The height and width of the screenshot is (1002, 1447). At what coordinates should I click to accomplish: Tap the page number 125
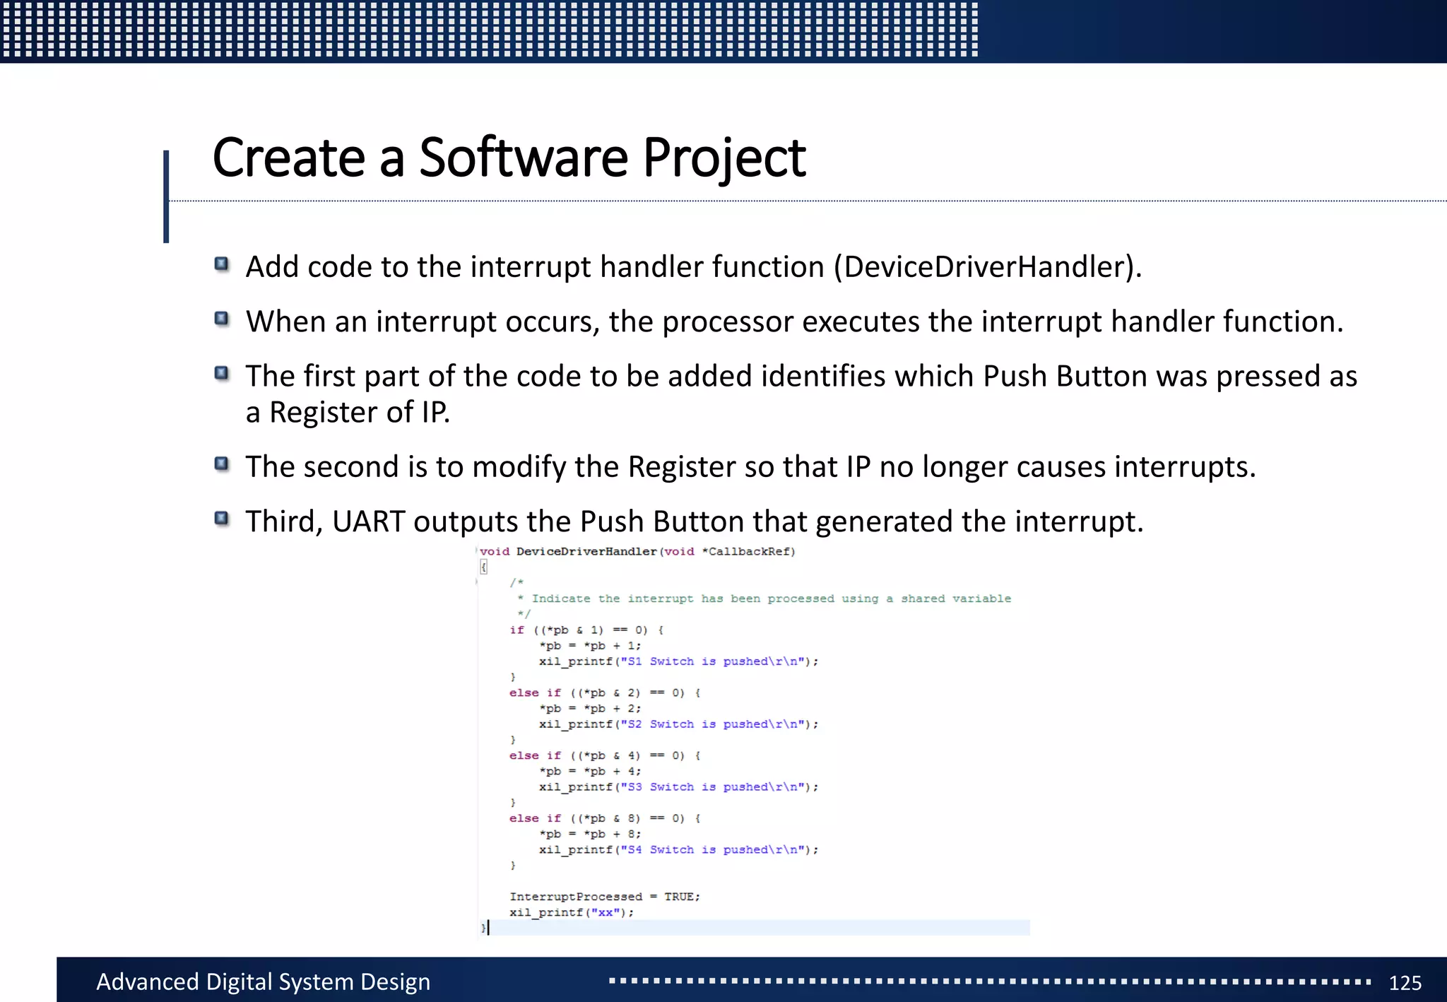click(x=1405, y=982)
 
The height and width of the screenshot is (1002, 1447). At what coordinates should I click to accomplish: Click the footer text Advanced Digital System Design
click(x=263, y=982)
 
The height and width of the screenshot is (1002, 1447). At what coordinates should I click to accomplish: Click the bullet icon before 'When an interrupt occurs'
click(x=222, y=319)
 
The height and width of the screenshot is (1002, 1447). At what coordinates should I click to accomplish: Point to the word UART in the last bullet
click(x=368, y=521)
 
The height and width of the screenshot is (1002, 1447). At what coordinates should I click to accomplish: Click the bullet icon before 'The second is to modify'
click(x=222, y=464)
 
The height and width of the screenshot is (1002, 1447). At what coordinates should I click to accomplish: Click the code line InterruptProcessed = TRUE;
click(x=605, y=897)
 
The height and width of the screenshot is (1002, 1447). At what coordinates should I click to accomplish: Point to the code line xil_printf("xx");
click(x=572, y=912)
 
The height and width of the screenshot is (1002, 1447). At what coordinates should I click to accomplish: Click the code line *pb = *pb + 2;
click(x=590, y=709)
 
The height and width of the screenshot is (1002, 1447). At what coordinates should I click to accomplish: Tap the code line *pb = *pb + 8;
click(x=590, y=834)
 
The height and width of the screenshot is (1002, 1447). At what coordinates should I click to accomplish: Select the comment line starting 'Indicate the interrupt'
click(x=770, y=599)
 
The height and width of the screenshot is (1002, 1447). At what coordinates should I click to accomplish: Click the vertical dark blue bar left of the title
click(x=166, y=196)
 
